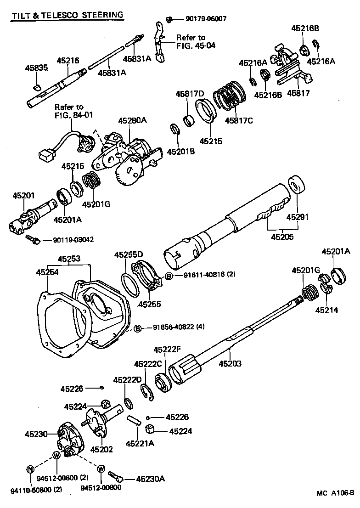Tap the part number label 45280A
tap(132, 121)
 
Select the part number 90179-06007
tap(206, 19)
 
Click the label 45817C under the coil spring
tap(238, 121)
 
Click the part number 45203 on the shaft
tap(230, 364)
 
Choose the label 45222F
tap(166, 350)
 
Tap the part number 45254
tap(48, 273)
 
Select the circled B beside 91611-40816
tap(169, 276)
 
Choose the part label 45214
tap(326, 310)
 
